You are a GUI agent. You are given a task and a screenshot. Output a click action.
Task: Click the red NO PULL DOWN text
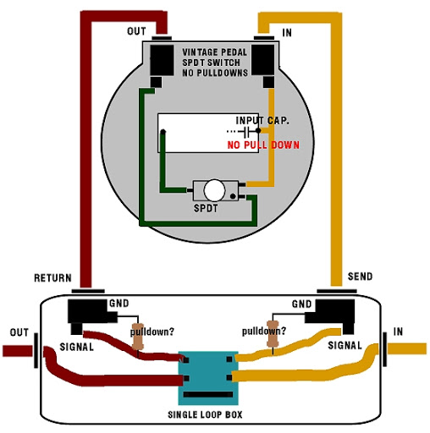click(x=263, y=145)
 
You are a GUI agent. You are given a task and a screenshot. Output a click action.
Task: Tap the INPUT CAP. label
click(x=262, y=121)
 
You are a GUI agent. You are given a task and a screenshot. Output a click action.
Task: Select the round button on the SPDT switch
click(x=214, y=190)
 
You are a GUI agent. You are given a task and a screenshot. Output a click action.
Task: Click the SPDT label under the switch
click(x=206, y=208)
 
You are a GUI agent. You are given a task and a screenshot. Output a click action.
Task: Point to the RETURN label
click(x=52, y=278)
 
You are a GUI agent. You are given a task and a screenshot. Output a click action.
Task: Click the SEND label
click(x=360, y=277)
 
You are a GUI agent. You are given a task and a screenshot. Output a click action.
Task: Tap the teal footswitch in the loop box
click(x=208, y=378)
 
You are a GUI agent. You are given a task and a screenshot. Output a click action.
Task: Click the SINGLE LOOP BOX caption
click(x=205, y=414)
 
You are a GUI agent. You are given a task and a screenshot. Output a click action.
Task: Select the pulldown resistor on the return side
click(x=138, y=337)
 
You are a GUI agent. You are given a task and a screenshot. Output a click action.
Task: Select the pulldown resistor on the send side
click(x=273, y=334)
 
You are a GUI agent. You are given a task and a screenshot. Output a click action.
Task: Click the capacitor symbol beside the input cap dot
click(x=246, y=131)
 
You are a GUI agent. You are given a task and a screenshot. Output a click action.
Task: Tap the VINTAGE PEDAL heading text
click(x=214, y=52)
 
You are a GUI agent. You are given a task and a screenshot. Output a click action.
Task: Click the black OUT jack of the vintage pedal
click(x=162, y=60)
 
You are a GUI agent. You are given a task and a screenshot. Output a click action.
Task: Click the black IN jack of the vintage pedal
click(x=262, y=60)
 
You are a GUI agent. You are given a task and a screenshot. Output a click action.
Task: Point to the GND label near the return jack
click(x=119, y=304)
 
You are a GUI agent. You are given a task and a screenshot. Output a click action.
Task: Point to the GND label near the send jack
click(x=301, y=304)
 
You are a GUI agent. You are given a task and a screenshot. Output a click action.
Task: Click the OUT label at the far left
click(x=19, y=332)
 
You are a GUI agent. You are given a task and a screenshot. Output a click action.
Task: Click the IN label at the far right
click(x=398, y=332)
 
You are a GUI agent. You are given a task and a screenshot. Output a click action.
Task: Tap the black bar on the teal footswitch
click(x=208, y=394)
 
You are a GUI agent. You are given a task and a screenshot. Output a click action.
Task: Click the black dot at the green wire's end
click(x=163, y=132)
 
